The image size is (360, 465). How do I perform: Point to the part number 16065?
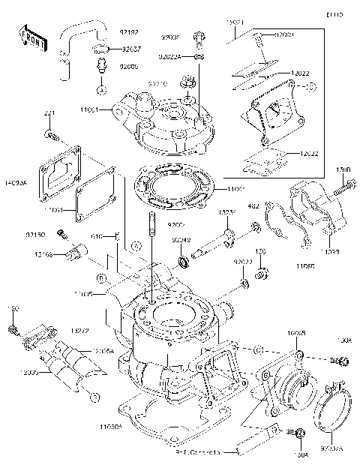pos(296,331)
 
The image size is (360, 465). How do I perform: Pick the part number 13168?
pos(42,253)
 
